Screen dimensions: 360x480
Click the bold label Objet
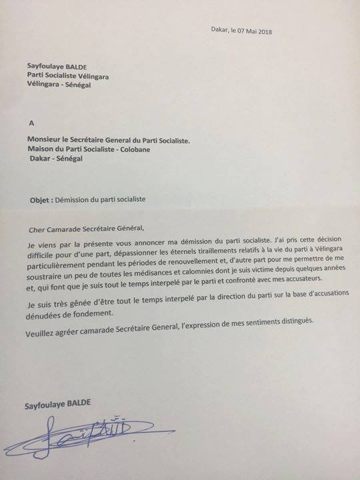(41, 199)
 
